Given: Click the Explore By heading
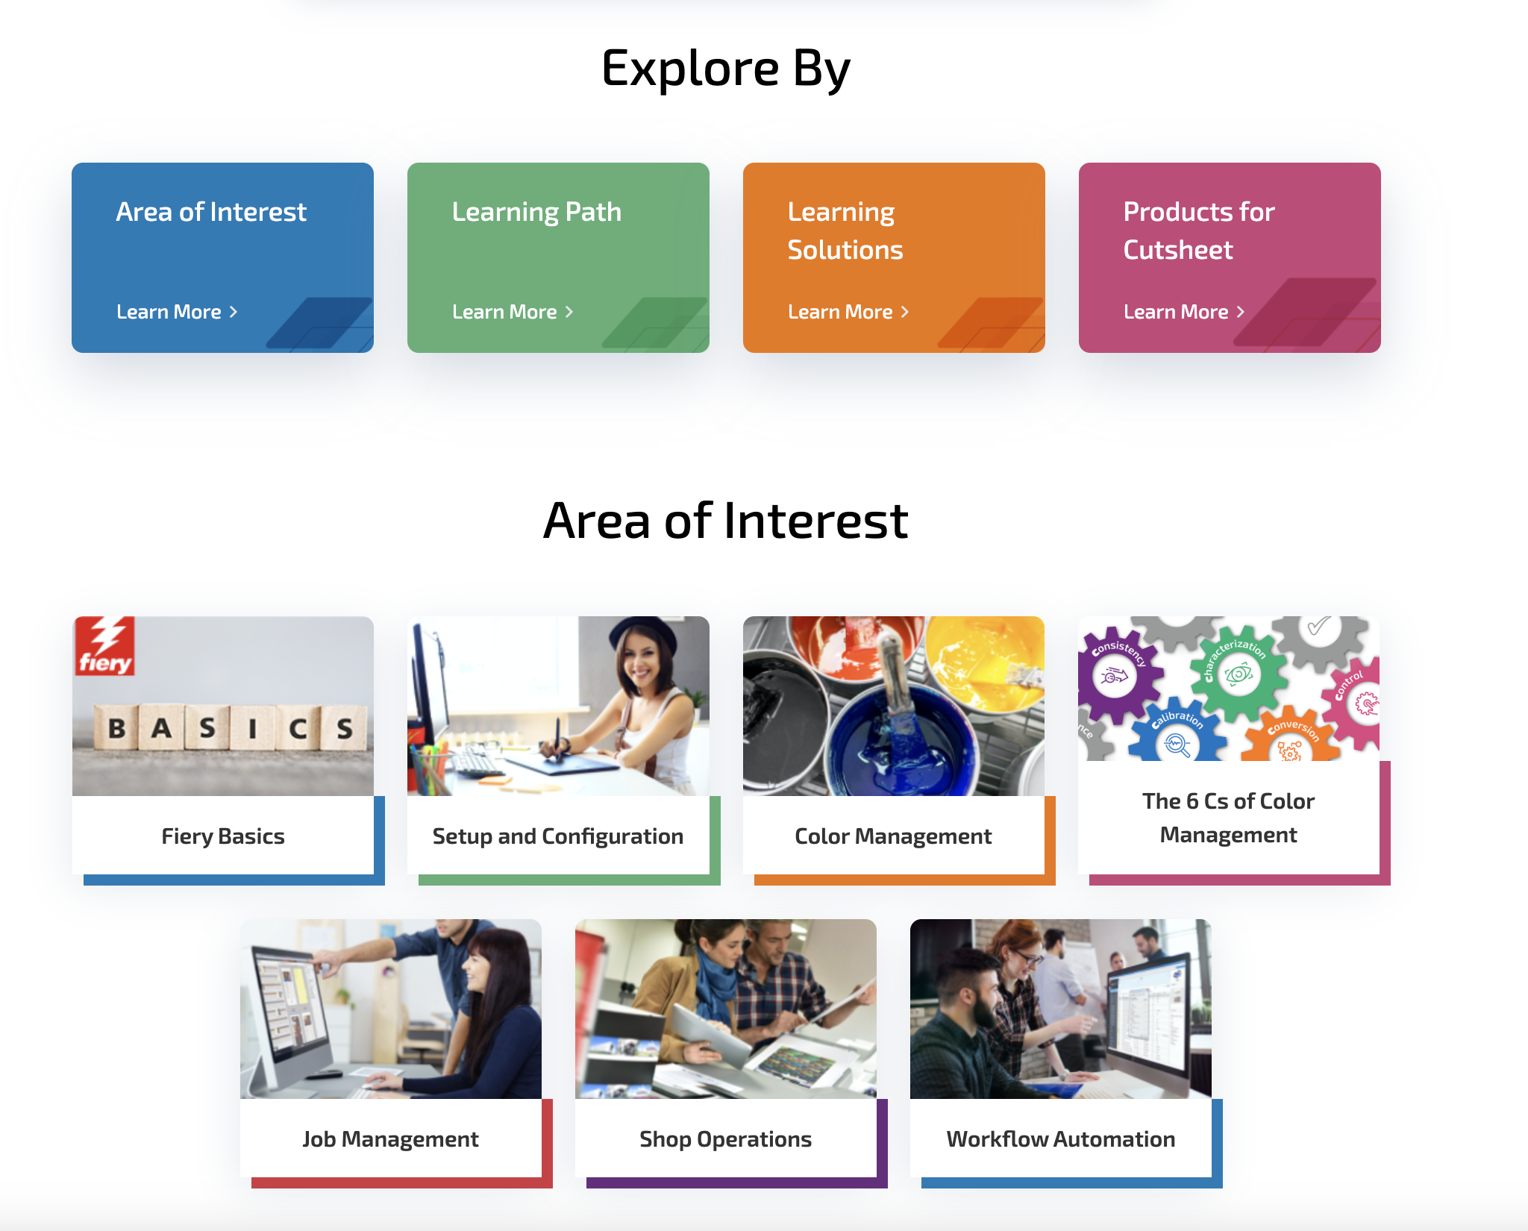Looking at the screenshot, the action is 725,69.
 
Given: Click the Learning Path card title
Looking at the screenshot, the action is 536,212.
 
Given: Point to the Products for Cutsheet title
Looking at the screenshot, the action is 1198,231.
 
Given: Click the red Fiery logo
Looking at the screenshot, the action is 104,646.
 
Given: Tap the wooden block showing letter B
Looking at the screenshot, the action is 116,727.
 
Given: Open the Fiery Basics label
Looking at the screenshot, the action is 223,836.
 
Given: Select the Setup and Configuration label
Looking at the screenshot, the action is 558,836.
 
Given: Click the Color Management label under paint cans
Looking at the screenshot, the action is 893,836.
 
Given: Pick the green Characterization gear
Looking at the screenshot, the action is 1238,674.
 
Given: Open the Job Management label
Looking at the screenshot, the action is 390,1139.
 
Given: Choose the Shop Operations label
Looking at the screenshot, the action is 725,1139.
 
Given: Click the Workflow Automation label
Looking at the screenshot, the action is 1060,1139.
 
